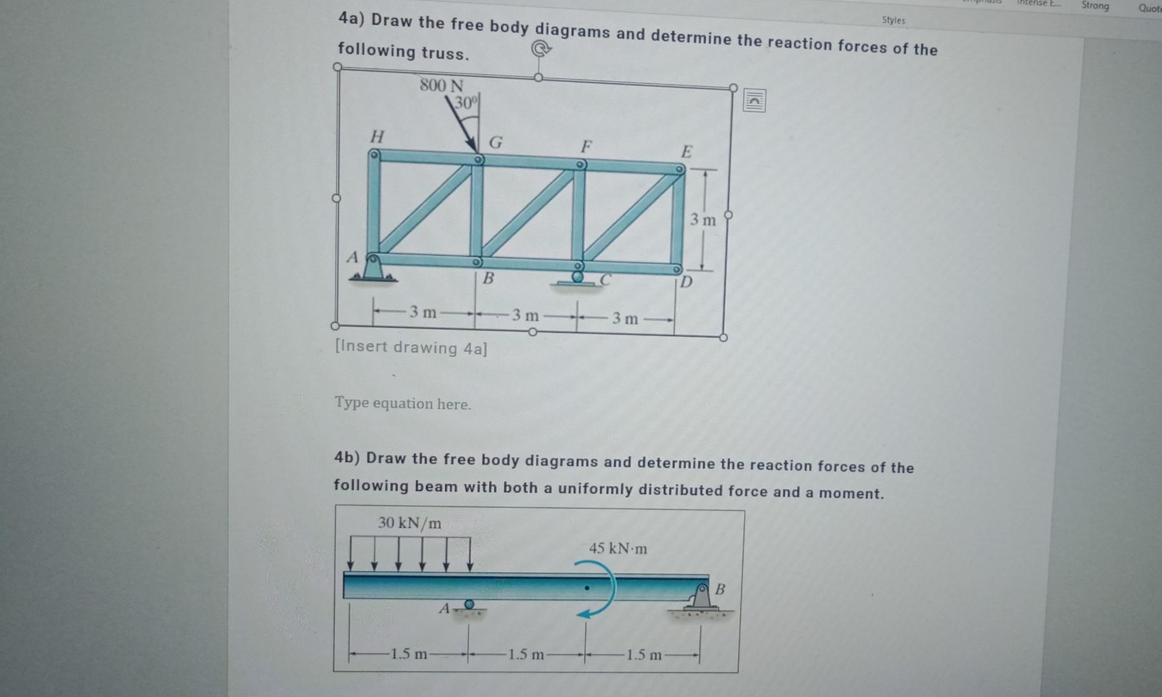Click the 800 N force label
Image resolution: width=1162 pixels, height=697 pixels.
pyautogui.click(x=442, y=85)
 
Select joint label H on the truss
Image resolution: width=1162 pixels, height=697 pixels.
pyautogui.click(x=377, y=136)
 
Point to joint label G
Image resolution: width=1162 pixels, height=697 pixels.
pyautogui.click(x=495, y=142)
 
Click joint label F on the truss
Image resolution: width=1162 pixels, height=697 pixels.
pyautogui.click(x=586, y=146)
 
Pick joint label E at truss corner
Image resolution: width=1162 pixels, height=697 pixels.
pyautogui.click(x=687, y=152)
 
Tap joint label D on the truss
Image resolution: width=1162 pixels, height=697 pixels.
pyautogui.click(x=686, y=281)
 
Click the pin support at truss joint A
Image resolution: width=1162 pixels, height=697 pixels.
pyautogui.click(x=372, y=268)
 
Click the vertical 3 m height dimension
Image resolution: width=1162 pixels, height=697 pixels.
pyautogui.click(x=703, y=220)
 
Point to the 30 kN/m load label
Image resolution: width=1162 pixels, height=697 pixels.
pyautogui.click(x=409, y=523)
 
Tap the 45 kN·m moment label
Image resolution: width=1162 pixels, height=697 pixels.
pyautogui.click(x=618, y=549)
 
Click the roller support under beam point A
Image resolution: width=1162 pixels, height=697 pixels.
pyautogui.click(x=469, y=605)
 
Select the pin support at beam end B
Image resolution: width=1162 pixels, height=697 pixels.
pyautogui.click(x=701, y=597)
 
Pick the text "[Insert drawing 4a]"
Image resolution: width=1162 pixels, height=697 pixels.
pyautogui.click(x=411, y=347)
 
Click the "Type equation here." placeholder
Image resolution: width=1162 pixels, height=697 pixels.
pyautogui.click(x=403, y=403)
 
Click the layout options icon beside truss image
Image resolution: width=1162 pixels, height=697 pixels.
pyautogui.click(x=754, y=101)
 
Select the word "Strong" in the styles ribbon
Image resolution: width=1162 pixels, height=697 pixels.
pyautogui.click(x=1095, y=6)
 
